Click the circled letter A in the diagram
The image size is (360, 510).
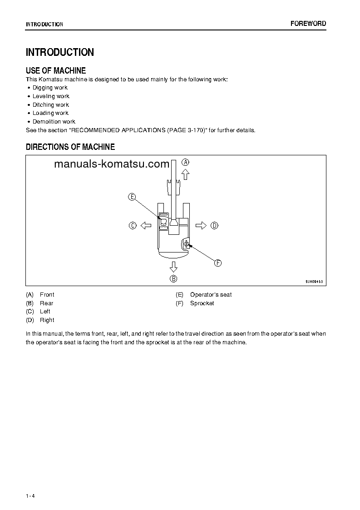click(185, 162)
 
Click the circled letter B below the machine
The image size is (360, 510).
click(173, 278)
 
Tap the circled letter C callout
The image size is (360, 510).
click(133, 225)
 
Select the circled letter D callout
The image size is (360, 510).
click(214, 225)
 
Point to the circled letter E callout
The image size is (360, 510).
click(132, 197)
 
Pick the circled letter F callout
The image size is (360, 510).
click(217, 263)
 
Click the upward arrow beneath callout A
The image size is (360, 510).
click(185, 174)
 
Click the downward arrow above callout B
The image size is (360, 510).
click(173, 266)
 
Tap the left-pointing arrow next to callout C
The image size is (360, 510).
click(145, 225)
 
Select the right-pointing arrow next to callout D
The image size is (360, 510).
click(201, 225)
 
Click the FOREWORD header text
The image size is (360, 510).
click(308, 24)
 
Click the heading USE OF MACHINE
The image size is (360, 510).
click(56, 70)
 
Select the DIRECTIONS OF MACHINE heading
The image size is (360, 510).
click(70, 147)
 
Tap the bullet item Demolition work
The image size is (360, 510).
click(54, 122)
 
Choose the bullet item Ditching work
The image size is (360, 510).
click(50, 105)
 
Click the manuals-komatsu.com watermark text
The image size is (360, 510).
click(111, 164)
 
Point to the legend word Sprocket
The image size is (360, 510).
click(202, 303)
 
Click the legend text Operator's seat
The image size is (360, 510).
click(211, 295)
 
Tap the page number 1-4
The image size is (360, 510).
click(30, 496)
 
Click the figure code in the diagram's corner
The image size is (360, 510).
click(314, 282)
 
